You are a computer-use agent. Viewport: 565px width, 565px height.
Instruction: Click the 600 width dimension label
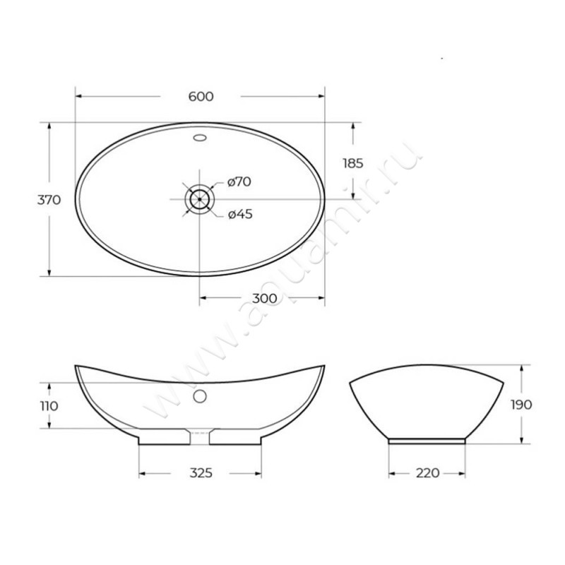(201, 97)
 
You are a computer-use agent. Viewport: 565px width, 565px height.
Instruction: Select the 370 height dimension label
(49, 199)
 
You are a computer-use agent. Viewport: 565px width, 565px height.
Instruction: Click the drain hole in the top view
(200, 198)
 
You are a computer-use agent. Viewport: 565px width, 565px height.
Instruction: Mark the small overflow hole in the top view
(200, 138)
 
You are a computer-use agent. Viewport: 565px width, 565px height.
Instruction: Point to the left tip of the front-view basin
(77, 367)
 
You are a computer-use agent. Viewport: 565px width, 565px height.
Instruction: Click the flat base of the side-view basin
(426, 440)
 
